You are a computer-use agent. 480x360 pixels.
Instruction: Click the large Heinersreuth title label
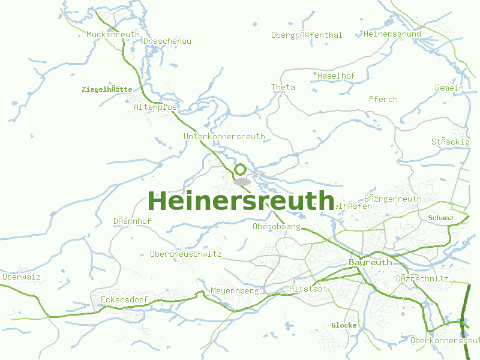tap(241, 201)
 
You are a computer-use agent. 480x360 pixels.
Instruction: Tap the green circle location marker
tap(241, 170)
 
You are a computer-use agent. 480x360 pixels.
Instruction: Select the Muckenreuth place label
tap(113, 35)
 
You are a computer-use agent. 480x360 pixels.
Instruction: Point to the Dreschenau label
tap(167, 41)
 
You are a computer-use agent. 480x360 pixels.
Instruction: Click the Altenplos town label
tap(156, 107)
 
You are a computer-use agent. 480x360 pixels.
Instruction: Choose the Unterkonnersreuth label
tap(224, 137)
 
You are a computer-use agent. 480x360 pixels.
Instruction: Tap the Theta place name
tap(283, 88)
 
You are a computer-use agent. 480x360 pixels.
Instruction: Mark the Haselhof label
tap(337, 76)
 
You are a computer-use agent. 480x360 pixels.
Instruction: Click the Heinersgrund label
tap(392, 34)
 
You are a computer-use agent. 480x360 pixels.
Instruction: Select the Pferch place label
tap(383, 99)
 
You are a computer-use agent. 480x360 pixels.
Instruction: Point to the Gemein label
tap(449, 88)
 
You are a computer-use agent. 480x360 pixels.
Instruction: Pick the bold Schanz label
tap(441, 218)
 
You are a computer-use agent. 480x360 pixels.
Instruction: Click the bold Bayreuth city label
tap(370, 263)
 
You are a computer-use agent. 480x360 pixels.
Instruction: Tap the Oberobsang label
tap(277, 227)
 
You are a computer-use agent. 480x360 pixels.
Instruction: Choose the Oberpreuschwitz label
tap(186, 254)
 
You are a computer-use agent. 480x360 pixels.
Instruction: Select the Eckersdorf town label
tap(124, 299)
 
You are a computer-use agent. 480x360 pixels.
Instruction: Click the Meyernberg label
tap(235, 291)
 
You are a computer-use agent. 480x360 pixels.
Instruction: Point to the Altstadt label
tap(308, 289)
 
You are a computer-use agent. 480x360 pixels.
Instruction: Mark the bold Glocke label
tap(344, 325)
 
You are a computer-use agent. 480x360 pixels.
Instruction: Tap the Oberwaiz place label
tap(22, 277)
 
